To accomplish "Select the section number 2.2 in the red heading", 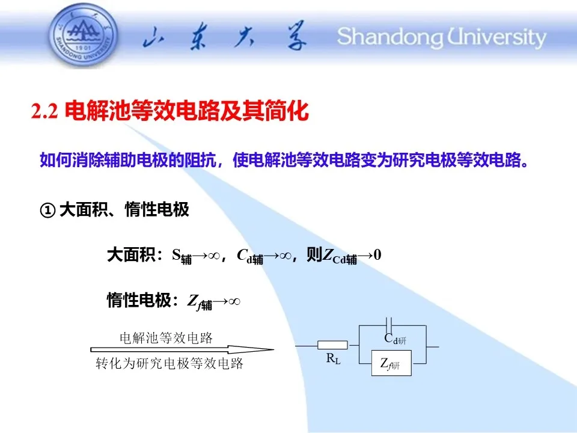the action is click(x=44, y=111).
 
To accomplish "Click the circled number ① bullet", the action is click(x=47, y=210).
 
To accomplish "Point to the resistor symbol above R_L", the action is click(x=332, y=345).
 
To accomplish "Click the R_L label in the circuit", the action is click(x=333, y=358).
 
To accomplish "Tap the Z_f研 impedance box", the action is click(x=391, y=363).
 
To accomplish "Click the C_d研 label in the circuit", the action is click(x=395, y=339).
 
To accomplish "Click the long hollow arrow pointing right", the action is click(x=182, y=349).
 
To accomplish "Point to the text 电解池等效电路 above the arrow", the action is click(x=166, y=337).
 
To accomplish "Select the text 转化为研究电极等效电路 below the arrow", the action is click(x=169, y=363).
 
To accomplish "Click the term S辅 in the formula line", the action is click(x=182, y=256).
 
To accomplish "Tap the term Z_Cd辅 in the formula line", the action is click(x=339, y=256).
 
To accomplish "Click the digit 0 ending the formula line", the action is click(x=377, y=255).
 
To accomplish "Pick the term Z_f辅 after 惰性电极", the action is click(x=200, y=302).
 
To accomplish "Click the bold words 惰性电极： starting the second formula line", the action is click(x=142, y=300).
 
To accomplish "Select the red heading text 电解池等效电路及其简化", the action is click(x=186, y=111).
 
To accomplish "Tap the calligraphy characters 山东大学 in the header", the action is click(x=224, y=36).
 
